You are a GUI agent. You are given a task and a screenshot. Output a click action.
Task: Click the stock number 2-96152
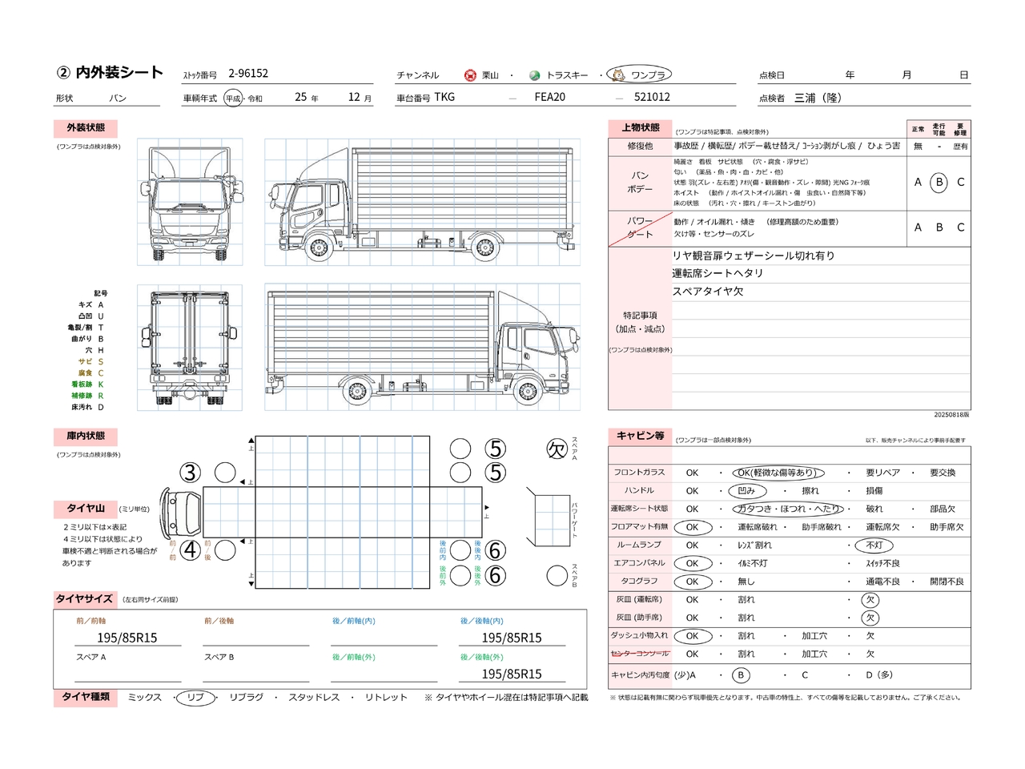coord(248,74)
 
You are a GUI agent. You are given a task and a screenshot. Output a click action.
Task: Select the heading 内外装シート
coord(119,73)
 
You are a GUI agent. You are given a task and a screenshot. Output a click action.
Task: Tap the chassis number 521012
coord(652,97)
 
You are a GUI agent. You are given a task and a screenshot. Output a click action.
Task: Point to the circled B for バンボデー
coord(939,183)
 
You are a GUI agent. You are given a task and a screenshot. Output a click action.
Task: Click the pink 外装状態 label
coord(86,128)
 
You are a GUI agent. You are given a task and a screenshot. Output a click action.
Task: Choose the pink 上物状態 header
coord(641,128)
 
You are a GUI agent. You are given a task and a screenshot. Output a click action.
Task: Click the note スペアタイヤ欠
coord(708,292)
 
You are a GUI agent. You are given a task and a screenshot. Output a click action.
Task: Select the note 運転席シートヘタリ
coord(717,273)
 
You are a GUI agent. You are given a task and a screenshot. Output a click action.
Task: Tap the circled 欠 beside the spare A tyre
coord(557,449)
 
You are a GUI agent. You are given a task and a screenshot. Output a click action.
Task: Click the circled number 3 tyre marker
coord(190,473)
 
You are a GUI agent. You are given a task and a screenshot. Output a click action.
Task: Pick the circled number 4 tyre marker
coord(190,550)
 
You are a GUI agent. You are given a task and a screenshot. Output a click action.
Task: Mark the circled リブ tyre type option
coord(195,698)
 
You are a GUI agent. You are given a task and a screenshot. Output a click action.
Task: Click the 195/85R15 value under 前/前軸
coord(127,638)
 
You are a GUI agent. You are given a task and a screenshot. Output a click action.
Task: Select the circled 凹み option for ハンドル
coord(746,491)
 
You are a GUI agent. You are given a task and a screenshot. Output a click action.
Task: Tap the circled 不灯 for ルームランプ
coord(874,546)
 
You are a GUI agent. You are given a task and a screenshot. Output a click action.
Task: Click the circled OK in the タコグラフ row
coord(692,582)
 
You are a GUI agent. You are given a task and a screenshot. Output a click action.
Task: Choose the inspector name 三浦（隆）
coord(818,98)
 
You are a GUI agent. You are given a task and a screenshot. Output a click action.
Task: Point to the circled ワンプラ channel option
coord(640,75)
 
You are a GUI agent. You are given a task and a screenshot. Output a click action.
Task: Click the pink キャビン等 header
coord(641,436)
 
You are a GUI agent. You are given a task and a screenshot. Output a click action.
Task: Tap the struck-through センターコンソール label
coord(640,654)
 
